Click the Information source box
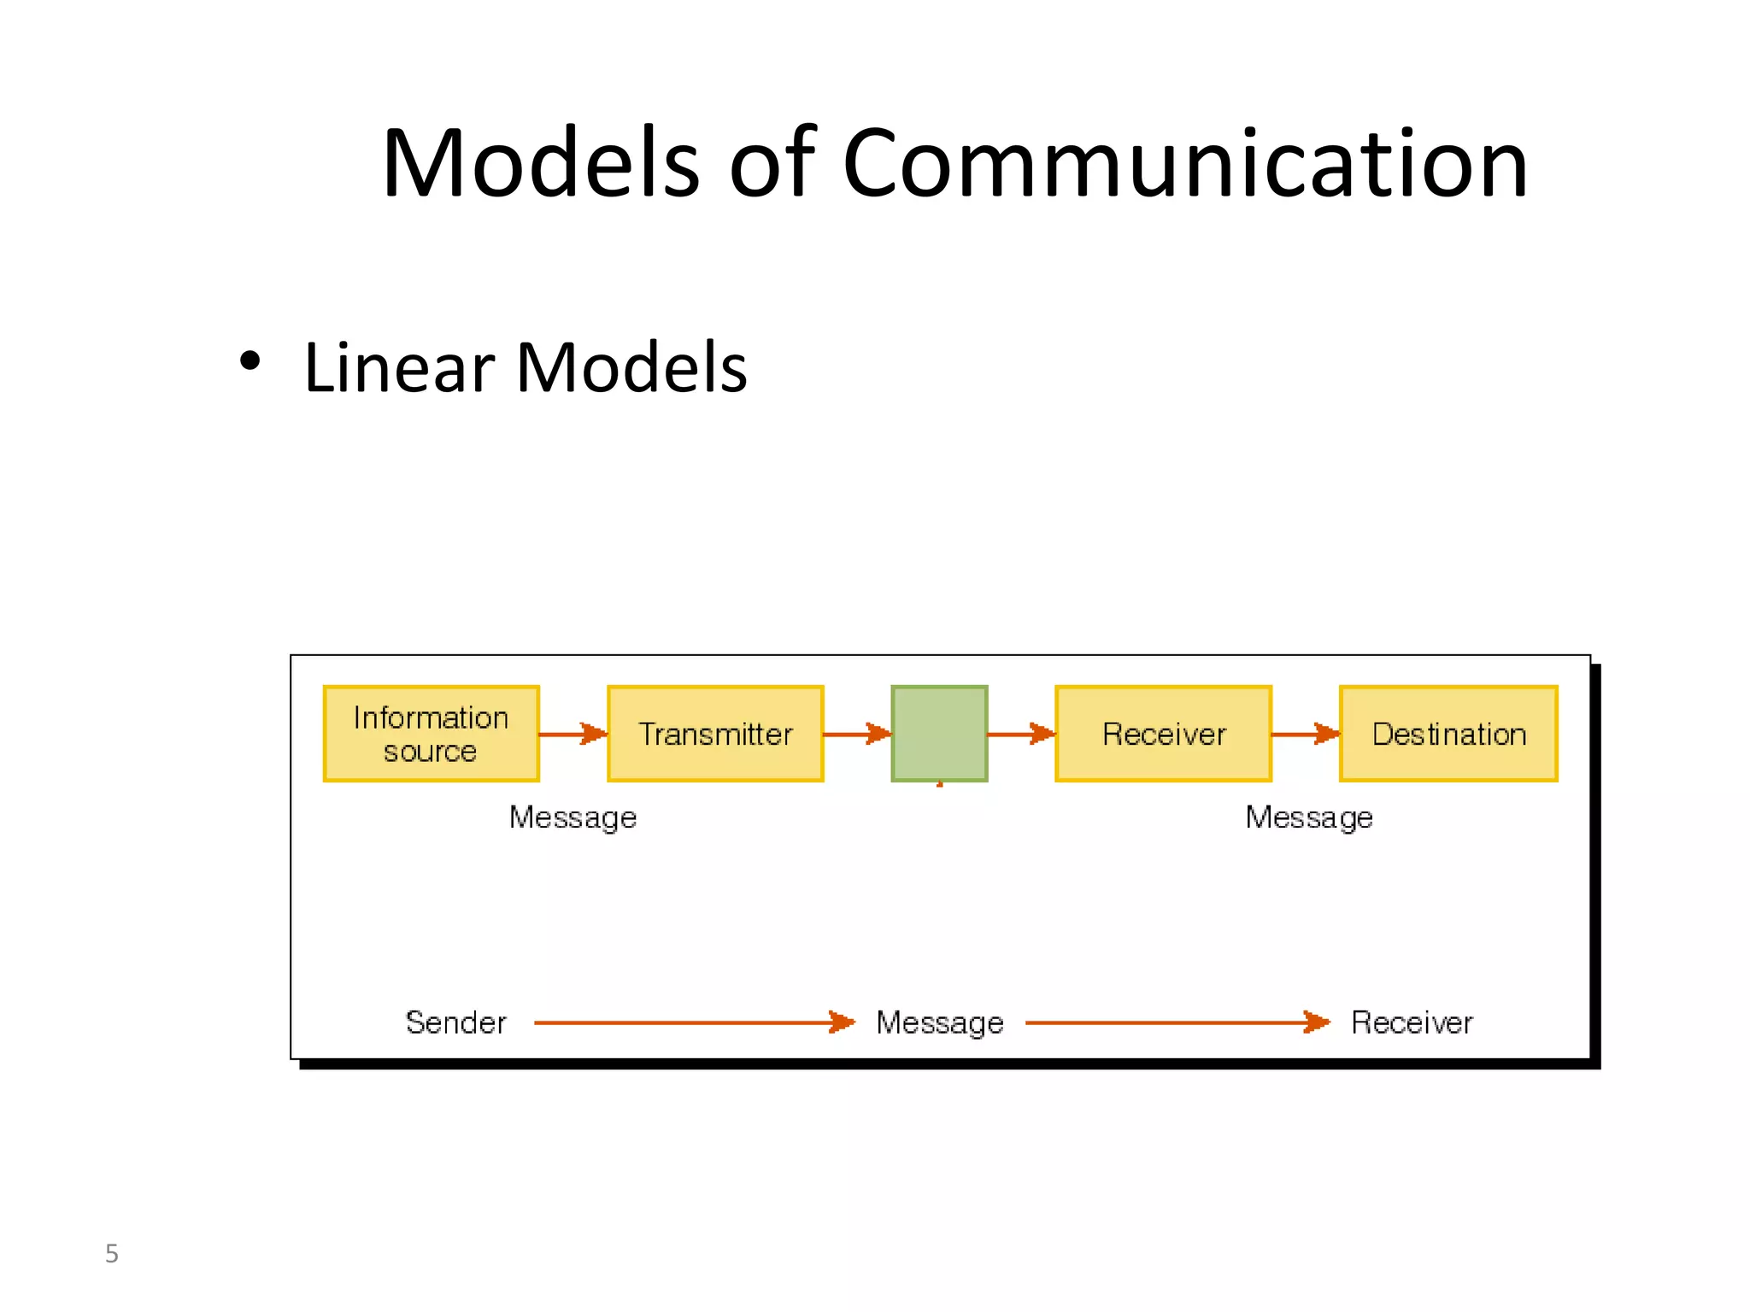coord(431,734)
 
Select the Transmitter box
coord(715,734)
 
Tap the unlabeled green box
coord(939,734)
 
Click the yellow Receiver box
coord(1163,734)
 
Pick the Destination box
coord(1448,734)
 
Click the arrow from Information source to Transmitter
coord(573,734)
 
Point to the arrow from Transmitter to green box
coord(856,734)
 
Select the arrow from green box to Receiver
coord(1021,734)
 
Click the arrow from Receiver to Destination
coord(1305,734)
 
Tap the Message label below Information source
coord(573,817)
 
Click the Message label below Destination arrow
coord(1308,817)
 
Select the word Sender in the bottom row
coord(455,1022)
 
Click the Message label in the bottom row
coord(939,1022)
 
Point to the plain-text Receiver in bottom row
coord(1412,1022)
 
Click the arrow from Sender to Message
coord(693,1022)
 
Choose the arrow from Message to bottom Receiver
coord(1177,1022)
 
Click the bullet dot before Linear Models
coord(250,361)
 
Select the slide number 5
coord(111,1253)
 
